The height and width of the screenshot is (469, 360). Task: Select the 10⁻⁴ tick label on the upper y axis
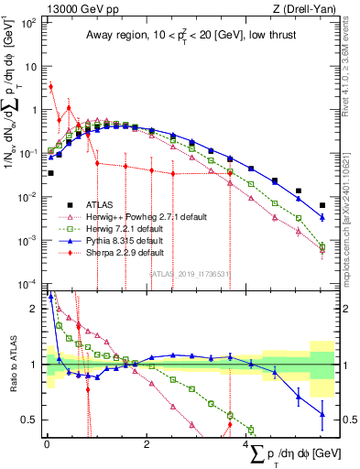point(28,283)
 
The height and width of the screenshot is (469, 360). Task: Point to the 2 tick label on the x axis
point(147,443)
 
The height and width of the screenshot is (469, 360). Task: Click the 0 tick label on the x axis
point(47,443)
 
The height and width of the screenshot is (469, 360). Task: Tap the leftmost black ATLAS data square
point(51,172)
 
